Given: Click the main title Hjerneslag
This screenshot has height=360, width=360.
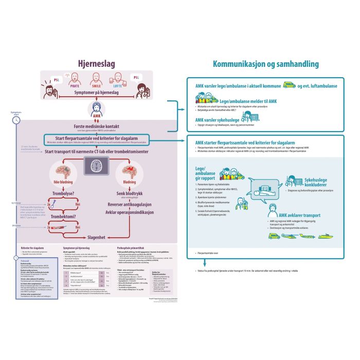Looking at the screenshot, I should coord(96,63).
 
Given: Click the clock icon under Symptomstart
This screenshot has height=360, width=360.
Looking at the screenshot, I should coord(17,119).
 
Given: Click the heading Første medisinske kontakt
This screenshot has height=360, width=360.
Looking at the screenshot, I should coord(96,126).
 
